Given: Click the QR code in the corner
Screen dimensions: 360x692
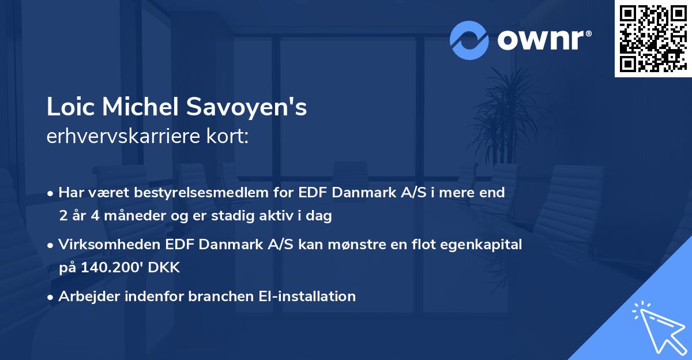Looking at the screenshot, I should coord(653,39).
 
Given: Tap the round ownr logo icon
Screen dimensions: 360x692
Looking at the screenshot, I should coord(469,40).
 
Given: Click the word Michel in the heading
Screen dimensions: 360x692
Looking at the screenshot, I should coord(140,107).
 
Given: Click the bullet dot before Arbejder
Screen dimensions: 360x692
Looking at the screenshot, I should coord(51,297).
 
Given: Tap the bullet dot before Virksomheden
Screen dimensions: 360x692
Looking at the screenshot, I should coord(51,245).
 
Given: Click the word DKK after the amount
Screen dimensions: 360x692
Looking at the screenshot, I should coord(164,268).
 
